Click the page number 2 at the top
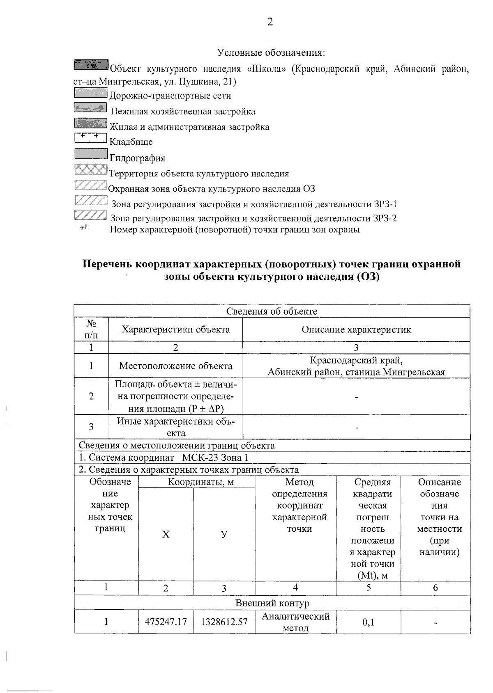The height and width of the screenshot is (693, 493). pyautogui.click(x=270, y=22)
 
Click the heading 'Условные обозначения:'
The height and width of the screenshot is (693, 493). pyautogui.click(x=271, y=53)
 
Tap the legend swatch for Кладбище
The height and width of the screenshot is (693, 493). pyautogui.click(x=91, y=138)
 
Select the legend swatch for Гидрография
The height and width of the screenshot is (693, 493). pyautogui.click(x=91, y=154)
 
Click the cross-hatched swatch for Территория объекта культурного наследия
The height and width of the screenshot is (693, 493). pyautogui.click(x=91, y=169)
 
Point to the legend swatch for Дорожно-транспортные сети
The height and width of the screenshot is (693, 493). pyautogui.click(x=91, y=92)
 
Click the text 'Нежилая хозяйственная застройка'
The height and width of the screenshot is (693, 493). pyautogui.click(x=183, y=112)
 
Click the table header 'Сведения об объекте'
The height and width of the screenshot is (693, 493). pyautogui.click(x=272, y=311)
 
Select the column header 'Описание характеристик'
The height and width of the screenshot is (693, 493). pyautogui.click(x=356, y=329)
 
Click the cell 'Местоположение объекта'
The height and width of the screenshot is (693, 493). pyautogui.click(x=175, y=366)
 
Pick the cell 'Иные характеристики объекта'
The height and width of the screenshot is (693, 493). pyautogui.click(x=175, y=427)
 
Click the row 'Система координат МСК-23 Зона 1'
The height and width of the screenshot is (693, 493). pyautogui.click(x=164, y=458)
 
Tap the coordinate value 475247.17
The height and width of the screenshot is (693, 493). pyautogui.click(x=166, y=622)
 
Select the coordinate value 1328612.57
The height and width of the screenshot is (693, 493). pyautogui.click(x=224, y=622)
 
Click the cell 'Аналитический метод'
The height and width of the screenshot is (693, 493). pyautogui.click(x=295, y=622)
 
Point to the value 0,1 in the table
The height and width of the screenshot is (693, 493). pyautogui.click(x=368, y=623)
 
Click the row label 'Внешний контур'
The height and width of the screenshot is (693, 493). pyautogui.click(x=272, y=603)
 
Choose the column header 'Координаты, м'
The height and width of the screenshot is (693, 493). pyautogui.click(x=200, y=482)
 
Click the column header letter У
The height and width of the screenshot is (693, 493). pyautogui.click(x=224, y=534)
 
